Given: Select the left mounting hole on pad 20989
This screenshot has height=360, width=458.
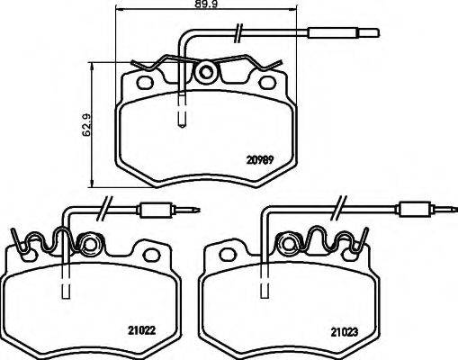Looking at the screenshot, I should (141, 84).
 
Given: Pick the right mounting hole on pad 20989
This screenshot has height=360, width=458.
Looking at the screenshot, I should (267, 84).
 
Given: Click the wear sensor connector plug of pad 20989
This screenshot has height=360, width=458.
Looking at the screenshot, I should (334, 36).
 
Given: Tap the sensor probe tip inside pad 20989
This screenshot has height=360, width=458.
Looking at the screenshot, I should (182, 115).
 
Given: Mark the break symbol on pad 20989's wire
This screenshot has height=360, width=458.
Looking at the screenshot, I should (237, 35).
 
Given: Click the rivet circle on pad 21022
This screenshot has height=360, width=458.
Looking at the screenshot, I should (90, 243).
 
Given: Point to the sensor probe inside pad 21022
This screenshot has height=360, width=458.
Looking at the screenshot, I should (66, 290).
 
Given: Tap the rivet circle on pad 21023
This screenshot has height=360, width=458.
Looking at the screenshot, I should (289, 243).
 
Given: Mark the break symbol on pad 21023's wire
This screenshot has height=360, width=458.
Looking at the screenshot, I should (339, 207).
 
